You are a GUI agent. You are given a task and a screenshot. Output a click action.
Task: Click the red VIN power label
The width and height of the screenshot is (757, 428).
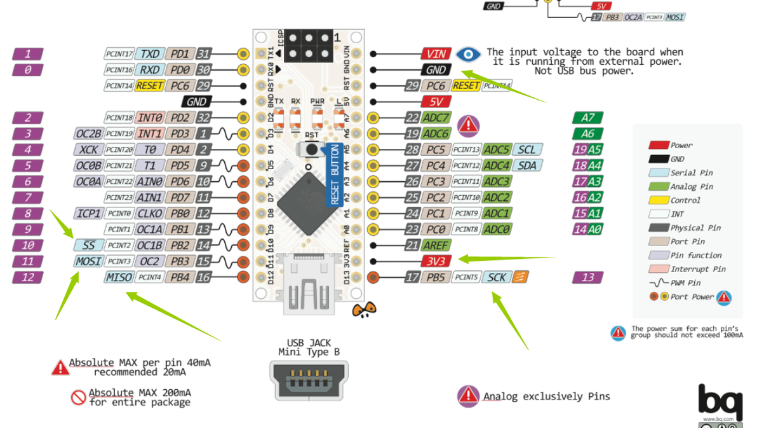[x=436, y=54]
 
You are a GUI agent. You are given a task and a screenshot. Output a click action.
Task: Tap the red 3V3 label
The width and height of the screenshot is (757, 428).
[x=436, y=261]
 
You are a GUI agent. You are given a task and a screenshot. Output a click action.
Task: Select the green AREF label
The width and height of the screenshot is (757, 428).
[x=436, y=245]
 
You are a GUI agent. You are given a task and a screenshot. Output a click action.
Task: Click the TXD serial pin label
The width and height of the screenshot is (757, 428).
[x=151, y=54]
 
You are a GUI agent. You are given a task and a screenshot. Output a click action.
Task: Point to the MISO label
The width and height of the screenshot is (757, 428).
[x=119, y=277]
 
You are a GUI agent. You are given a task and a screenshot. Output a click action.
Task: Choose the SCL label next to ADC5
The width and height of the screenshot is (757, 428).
[x=526, y=149]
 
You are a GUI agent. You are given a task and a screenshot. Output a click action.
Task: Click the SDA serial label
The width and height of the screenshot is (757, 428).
[x=526, y=165]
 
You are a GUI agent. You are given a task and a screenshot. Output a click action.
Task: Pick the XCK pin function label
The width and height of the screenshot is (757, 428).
[x=88, y=149]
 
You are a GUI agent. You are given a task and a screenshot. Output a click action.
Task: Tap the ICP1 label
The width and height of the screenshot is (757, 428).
[x=88, y=213]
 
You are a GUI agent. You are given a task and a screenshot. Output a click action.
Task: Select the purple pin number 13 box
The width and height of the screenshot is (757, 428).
[x=588, y=277]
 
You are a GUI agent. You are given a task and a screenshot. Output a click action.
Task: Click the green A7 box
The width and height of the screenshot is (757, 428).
[x=588, y=118]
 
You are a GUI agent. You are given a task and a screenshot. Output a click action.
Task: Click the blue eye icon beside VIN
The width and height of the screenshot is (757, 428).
[x=469, y=54]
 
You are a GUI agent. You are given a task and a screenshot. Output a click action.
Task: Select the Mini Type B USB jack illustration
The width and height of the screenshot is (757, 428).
[x=309, y=380]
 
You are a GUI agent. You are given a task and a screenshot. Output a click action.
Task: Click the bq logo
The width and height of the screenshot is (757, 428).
[x=720, y=401]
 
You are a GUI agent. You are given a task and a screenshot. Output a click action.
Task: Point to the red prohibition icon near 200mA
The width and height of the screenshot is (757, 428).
[x=78, y=397]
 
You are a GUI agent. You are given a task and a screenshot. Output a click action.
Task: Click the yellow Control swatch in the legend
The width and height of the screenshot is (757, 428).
[x=659, y=200]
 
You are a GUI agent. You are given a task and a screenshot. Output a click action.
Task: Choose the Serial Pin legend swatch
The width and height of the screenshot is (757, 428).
[x=659, y=172]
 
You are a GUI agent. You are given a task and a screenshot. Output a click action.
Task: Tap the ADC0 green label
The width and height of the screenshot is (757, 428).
[x=497, y=229]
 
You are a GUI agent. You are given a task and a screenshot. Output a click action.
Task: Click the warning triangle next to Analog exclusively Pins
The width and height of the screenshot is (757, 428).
[x=468, y=396]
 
